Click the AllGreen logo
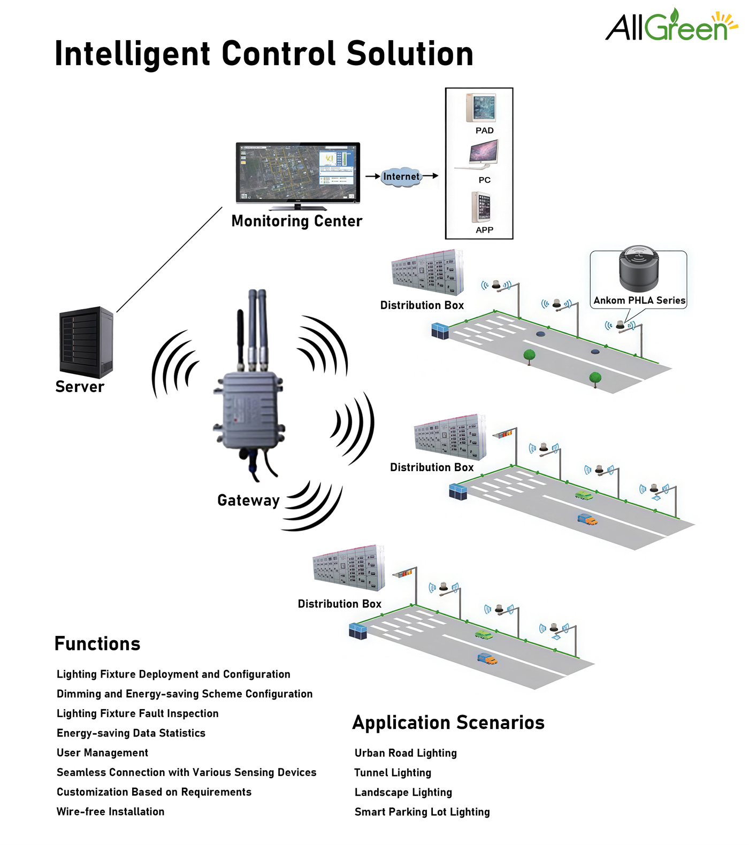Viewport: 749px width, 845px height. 671,26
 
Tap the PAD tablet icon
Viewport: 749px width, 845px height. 481,108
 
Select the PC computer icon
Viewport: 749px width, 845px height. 483,154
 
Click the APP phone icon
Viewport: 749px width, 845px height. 481,207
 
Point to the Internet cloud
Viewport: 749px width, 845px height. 401,176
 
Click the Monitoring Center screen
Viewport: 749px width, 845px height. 298,172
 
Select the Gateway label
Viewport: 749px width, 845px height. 248,501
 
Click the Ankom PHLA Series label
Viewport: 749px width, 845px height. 639,301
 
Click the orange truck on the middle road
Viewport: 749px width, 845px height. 587,519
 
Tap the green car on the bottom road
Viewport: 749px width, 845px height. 484,635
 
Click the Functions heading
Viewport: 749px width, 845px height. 97,644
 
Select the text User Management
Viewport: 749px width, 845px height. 102,753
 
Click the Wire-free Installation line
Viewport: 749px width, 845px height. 111,812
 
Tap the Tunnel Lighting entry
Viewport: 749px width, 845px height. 393,773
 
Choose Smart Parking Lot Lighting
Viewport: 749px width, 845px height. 422,812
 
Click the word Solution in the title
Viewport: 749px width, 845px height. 410,53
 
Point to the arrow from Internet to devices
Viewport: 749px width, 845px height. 431,175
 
